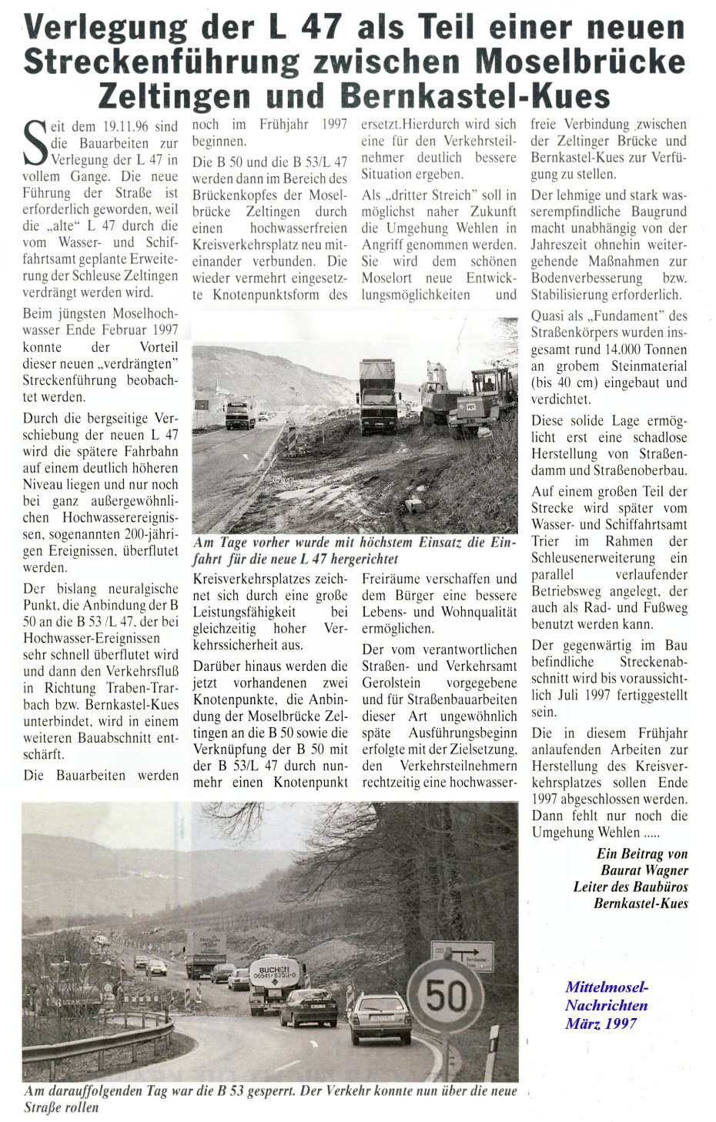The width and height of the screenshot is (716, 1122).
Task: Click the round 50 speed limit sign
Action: pos(445,995)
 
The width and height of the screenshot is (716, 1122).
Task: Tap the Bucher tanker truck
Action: pos(275,981)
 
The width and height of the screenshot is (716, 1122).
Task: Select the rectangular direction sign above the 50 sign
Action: pos(461,956)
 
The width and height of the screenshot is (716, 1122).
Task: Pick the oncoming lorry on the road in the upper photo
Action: pos(239,412)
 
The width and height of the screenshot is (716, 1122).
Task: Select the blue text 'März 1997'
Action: pos(601,1023)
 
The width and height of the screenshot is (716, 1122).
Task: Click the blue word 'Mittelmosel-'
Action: pos(607,987)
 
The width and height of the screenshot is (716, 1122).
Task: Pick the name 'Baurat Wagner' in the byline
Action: pos(644,870)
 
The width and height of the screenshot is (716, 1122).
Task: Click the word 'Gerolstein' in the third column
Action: pos(393,683)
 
